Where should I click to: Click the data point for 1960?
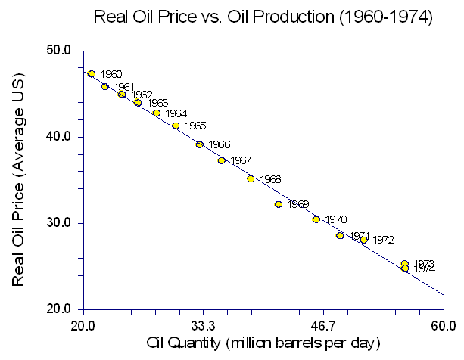[x=92, y=73]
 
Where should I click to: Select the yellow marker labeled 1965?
[x=176, y=126]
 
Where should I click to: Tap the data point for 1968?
[x=251, y=179]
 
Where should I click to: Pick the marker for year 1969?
[x=279, y=204]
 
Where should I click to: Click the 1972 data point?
[x=363, y=240]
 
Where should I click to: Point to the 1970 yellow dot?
[x=316, y=219]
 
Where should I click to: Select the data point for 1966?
[x=199, y=144]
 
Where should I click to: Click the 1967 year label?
[x=241, y=160]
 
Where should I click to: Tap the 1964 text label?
[x=176, y=113]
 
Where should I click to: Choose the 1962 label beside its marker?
[x=142, y=95]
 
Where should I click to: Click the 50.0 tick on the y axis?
[x=58, y=51]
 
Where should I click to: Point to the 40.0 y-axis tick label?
[x=58, y=137]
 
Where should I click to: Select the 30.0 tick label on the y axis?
[x=58, y=223]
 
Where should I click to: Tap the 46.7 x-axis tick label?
[x=323, y=327]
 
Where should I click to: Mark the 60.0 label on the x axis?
[x=444, y=327]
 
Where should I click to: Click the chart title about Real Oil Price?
[x=261, y=16]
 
